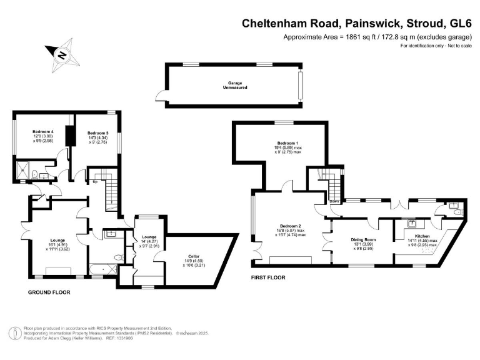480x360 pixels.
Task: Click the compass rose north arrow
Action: pyautogui.click(x=61, y=54)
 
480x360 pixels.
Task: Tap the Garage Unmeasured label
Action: pyautogui.click(x=232, y=86)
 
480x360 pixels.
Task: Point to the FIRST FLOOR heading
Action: pyautogui.click(x=268, y=277)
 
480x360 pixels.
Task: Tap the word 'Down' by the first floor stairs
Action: pyautogui.click(x=335, y=201)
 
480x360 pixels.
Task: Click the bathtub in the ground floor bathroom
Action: pyautogui.click(x=104, y=271)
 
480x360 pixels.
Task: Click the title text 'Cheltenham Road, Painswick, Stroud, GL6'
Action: pyautogui.click(x=357, y=24)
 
